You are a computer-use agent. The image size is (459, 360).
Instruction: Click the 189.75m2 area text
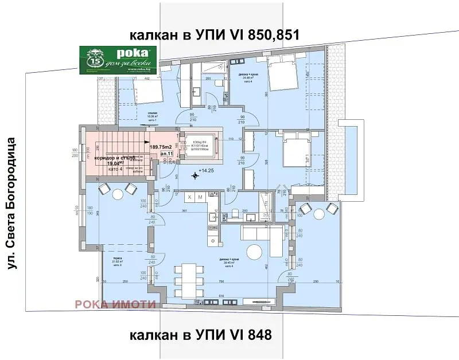point(162,147)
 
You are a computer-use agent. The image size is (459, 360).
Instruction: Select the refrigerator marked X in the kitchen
point(190,197)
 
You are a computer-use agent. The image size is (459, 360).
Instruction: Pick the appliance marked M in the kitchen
point(201,197)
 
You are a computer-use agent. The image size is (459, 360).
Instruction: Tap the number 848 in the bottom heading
point(257,334)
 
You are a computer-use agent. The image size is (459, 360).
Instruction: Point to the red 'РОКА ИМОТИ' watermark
point(115,304)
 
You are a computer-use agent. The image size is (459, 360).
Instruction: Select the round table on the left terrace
point(116,192)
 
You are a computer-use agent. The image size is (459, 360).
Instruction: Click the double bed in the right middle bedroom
point(295,153)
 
